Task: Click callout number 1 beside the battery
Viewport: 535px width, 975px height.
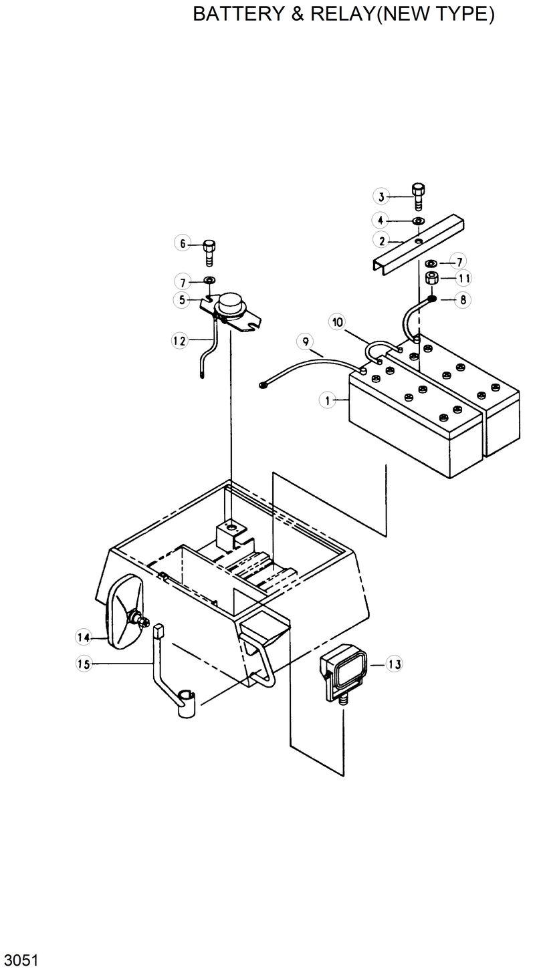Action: click(328, 400)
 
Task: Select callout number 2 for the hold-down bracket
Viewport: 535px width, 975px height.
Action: click(381, 241)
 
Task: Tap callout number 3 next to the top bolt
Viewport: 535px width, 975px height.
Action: click(381, 196)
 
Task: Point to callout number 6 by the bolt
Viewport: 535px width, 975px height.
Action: click(181, 243)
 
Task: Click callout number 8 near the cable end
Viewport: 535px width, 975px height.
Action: click(463, 300)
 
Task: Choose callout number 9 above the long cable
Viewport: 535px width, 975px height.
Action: click(305, 342)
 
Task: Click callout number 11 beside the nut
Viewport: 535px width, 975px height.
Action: click(463, 277)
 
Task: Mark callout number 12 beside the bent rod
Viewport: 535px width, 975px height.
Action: click(179, 340)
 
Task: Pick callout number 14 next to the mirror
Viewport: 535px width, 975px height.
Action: click(83, 638)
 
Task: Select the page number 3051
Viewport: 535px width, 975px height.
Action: click(20, 960)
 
